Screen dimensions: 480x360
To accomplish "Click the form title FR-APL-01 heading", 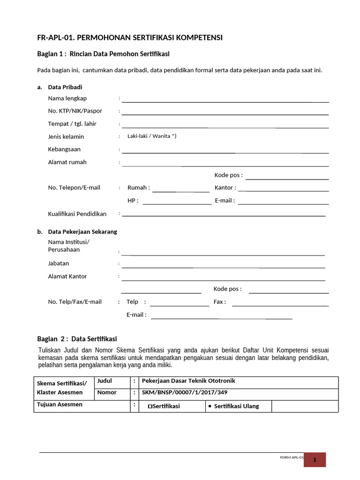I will pos(130,37).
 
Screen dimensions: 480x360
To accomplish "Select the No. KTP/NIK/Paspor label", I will pos(75,111).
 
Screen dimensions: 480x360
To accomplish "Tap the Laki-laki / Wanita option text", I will pos(152,136).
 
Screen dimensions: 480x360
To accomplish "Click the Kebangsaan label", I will pos(64,150).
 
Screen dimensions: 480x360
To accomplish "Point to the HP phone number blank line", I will pos(177,203).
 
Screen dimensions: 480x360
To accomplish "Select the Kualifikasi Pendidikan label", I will pos(77,214).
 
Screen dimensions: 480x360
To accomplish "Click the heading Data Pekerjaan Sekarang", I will pos(82,232).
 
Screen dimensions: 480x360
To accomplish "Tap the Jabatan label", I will pos(59,263).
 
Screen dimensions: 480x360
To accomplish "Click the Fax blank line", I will pos(280,305).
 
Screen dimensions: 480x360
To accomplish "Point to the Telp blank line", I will pos(179,305).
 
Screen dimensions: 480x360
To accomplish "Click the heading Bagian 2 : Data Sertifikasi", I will pos(77,339).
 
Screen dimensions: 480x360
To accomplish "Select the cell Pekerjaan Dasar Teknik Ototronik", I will pos(188,381).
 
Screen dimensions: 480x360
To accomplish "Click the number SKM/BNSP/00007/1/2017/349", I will pos(185,393).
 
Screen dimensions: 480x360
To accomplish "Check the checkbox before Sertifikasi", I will pos(150,406).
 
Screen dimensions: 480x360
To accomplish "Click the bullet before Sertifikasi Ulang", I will pos(209,406).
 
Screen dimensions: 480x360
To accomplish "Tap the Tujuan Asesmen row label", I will pos(60,405).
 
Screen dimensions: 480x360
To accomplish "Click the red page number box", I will pos(315,459).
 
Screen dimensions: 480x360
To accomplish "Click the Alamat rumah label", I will pos(67,162).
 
